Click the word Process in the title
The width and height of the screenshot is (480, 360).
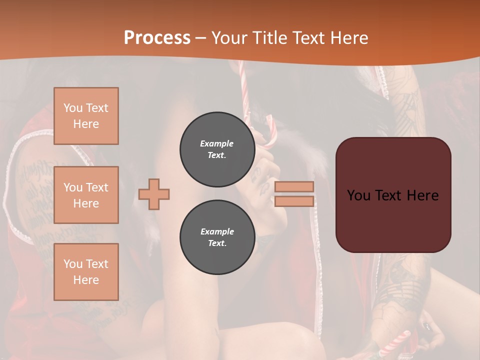(x=157, y=38)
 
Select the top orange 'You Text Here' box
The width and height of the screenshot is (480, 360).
(x=86, y=116)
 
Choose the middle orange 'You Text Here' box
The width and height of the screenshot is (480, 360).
(x=86, y=195)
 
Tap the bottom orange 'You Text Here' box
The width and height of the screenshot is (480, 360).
(x=86, y=272)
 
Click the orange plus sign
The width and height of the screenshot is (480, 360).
(x=154, y=194)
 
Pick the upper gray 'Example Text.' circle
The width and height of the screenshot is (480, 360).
(x=217, y=149)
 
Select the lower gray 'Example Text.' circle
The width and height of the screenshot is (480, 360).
(x=217, y=237)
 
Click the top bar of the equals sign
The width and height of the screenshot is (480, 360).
(x=294, y=186)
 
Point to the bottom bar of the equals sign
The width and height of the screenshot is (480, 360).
(x=294, y=201)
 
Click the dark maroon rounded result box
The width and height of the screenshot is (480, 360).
(x=393, y=220)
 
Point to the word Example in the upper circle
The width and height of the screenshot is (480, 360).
(x=217, y=143)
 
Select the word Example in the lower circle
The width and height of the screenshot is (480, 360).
(x=217, y=231)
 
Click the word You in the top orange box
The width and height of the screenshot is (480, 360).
(x=73, y=108)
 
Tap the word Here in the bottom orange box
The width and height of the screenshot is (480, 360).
(x=86, y=280)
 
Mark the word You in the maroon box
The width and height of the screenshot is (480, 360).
(x=359, y=195)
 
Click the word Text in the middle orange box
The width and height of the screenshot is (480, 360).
(x=96, y=187)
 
